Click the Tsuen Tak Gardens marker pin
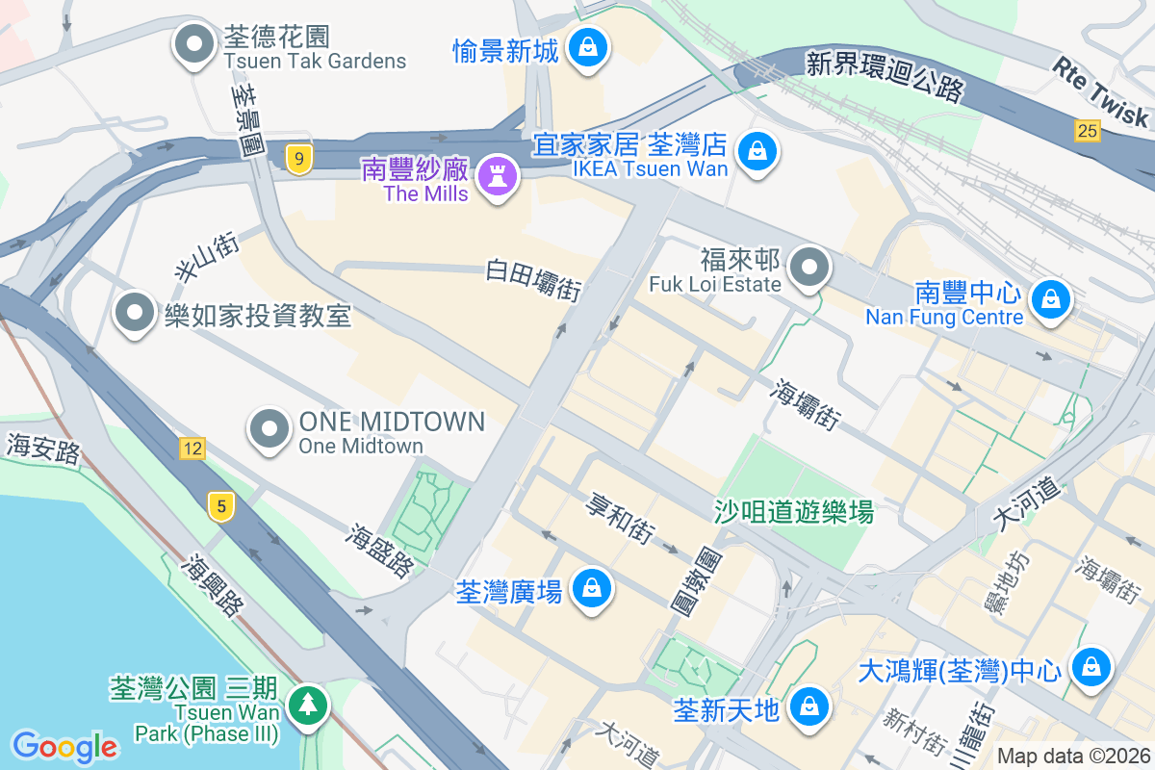pyautogui.click(x=195, y=45)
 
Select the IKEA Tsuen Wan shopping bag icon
pyautogui.click(x=757, y=152)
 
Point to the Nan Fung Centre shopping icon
pyautogui.click(x=1051, y=300)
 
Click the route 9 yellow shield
pyautogui.click(x=299, y=161)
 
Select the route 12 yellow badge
pyautogui.click(x=192, y=448)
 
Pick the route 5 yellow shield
pyautogui.click(x=221, y=506)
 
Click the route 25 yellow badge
pyautogui.click(x=1088, y=131)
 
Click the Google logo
pyautogui.click(x=64, y=746)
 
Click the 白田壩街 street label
pyautogui.click(x=534, y=279)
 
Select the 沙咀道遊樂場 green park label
pyautogui.click(x=793, y=512)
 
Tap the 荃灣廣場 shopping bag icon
pyautogui.click(x=591, y=588)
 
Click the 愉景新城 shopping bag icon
pyautogui.click(x=586, y=45)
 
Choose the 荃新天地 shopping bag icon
pyautogui.click(x=809, y=707)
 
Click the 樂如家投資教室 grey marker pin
pyautogui.click(x=136, y=313)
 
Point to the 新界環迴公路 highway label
pyautogui.click(x=885, y=77)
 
